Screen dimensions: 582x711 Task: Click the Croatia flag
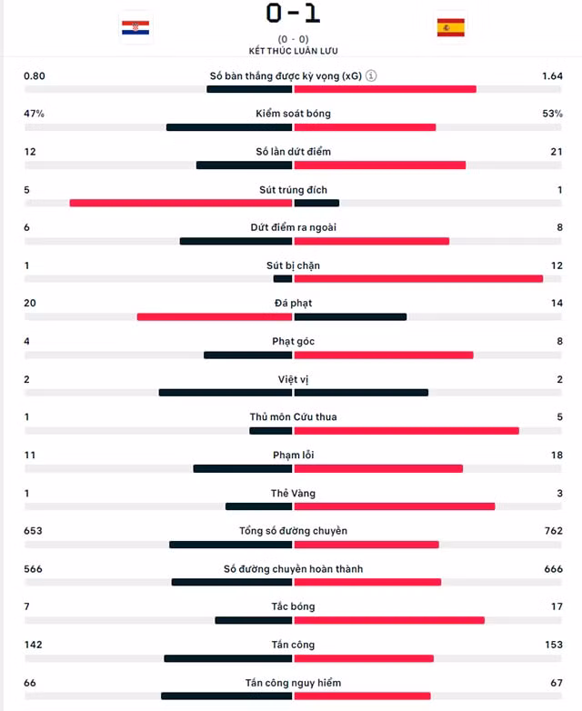135,27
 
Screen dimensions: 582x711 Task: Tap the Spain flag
450,27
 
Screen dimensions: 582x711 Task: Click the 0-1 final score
293,13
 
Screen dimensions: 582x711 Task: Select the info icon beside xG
371,75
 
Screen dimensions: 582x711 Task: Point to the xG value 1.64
552,76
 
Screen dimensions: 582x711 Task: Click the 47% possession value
34,114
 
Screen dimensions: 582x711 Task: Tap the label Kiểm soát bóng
293,114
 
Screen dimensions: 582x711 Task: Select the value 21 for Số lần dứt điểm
557,152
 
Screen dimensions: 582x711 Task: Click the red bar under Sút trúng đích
181,203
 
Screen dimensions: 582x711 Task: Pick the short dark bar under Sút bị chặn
283,279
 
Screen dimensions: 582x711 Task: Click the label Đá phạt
293,303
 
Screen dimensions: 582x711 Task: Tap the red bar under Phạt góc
384,355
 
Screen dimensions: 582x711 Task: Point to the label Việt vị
293,379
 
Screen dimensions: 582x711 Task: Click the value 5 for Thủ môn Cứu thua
560,416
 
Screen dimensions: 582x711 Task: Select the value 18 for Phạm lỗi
557,455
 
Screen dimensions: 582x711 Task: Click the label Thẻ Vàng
293,493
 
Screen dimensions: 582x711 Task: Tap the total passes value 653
33,531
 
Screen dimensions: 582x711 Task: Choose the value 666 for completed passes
554,568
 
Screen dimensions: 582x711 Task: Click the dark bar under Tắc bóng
254,620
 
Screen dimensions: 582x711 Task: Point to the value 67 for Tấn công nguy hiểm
557,683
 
